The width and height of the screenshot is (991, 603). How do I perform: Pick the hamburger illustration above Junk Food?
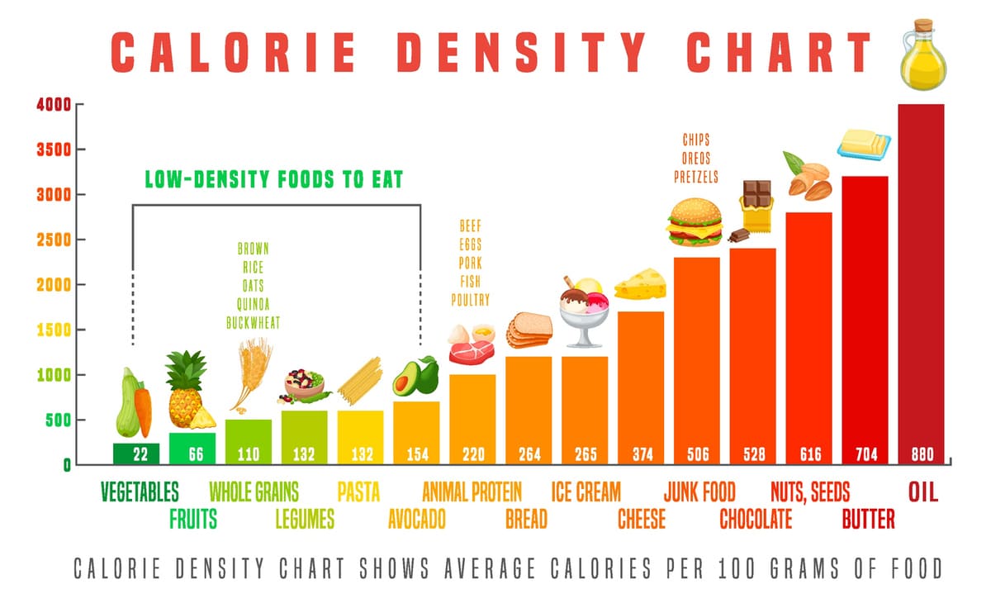pyautogui.click(x=695, y=221)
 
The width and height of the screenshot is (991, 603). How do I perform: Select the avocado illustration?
pyautogui.click(x=415, y=377)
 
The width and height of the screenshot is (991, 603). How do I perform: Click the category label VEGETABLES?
pyautogui.click(x=140, y=492)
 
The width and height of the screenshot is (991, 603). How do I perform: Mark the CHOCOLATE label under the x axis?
pyautogui.click(x=755, y=519)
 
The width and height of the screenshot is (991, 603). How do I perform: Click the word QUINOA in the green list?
pyautogui.click(x=254, y=305)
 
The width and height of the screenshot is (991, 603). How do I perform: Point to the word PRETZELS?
pyautogui.click(x=696, y=177)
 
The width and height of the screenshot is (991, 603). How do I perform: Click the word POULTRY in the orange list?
pyautogui.click(x=470, y=300)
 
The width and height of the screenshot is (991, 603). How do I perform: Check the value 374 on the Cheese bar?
pyautogui.click(x=642, y=453)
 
